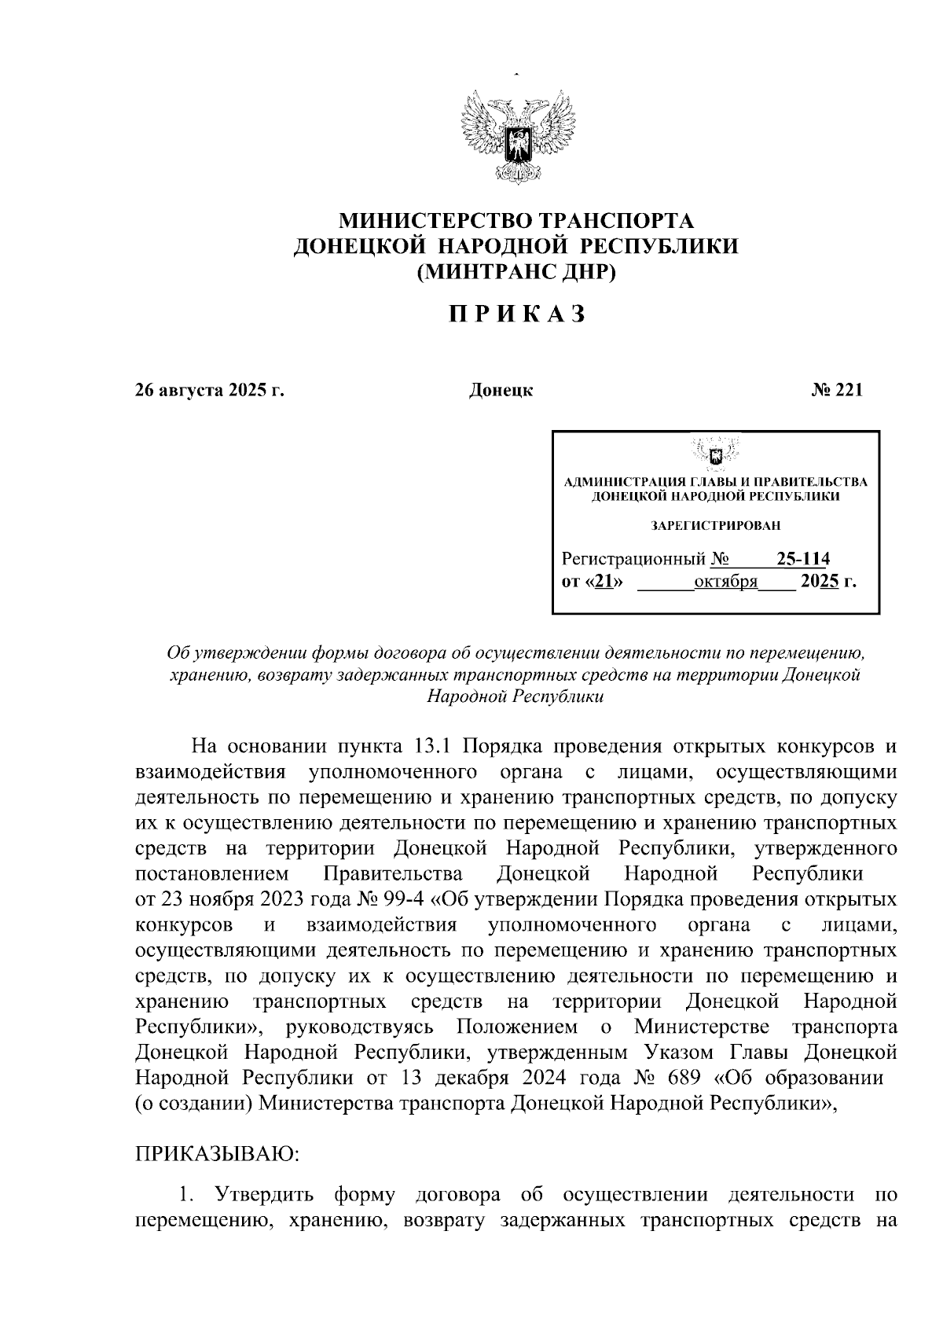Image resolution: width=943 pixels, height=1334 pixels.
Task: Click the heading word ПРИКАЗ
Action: (517, 314)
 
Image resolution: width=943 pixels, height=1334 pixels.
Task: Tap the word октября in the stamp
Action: (725, 582)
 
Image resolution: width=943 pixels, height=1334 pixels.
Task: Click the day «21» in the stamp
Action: (604, 582)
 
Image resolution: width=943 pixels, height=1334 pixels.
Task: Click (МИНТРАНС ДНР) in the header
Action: (516, 272)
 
